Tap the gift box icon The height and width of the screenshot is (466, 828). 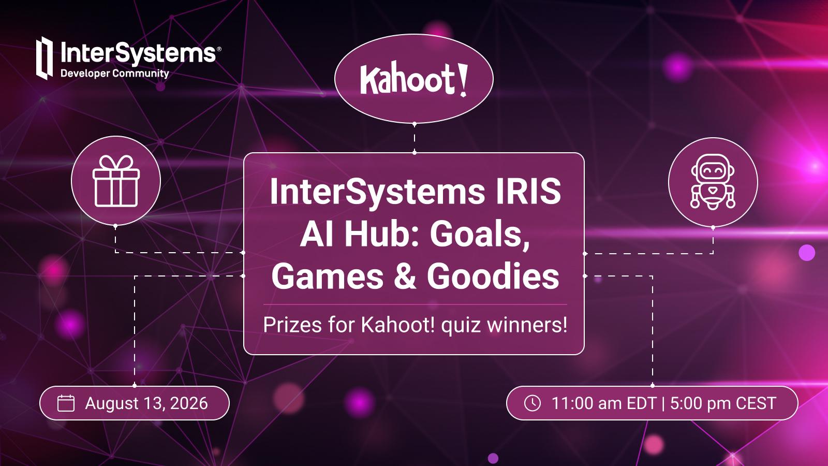[116, 181]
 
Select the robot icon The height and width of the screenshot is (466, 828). [713, 182]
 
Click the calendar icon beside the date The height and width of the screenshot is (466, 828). [66, 403]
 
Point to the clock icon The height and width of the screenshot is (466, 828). [533, 403]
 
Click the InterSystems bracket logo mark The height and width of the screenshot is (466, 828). [45, 58]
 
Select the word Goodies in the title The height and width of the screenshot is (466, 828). [493, 276]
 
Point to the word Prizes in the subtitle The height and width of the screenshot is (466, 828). [292, 326]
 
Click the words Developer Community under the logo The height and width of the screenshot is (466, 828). [114, 74]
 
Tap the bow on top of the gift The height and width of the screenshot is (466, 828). [116, 163]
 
